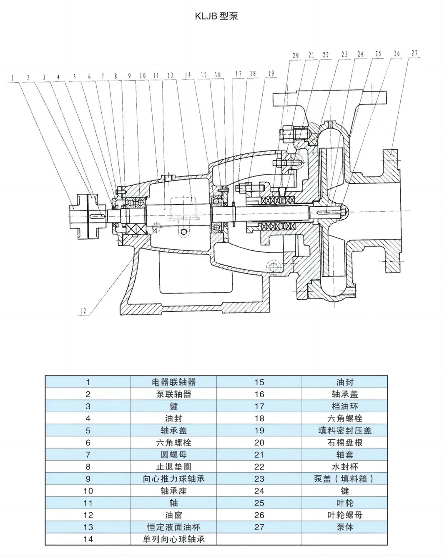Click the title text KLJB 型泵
(x=216, y=16)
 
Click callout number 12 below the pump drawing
(x=83, y=311)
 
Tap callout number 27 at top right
(x=414, y=53)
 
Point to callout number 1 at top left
(x=13, y=78)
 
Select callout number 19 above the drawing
(x=271, y=74)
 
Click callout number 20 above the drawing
(x=296, y=55)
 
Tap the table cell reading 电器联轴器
(x=173, y=382)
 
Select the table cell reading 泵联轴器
(x=173, y=394)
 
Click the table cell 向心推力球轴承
(x=173, y=479)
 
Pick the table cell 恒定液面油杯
(x=173, y=527)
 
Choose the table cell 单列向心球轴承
(x=173, y=539)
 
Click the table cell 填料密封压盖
(x=344, y=431)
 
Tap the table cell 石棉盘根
(x=344, y=443)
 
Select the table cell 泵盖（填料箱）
(x=344, y=479)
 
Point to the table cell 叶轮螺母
(x=344, y=515)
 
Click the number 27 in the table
(x=259, y=527)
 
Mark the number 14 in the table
(x=88, y=539)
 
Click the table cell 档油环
(x=344, y=406)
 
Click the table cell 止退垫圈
(x=173, y=467)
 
